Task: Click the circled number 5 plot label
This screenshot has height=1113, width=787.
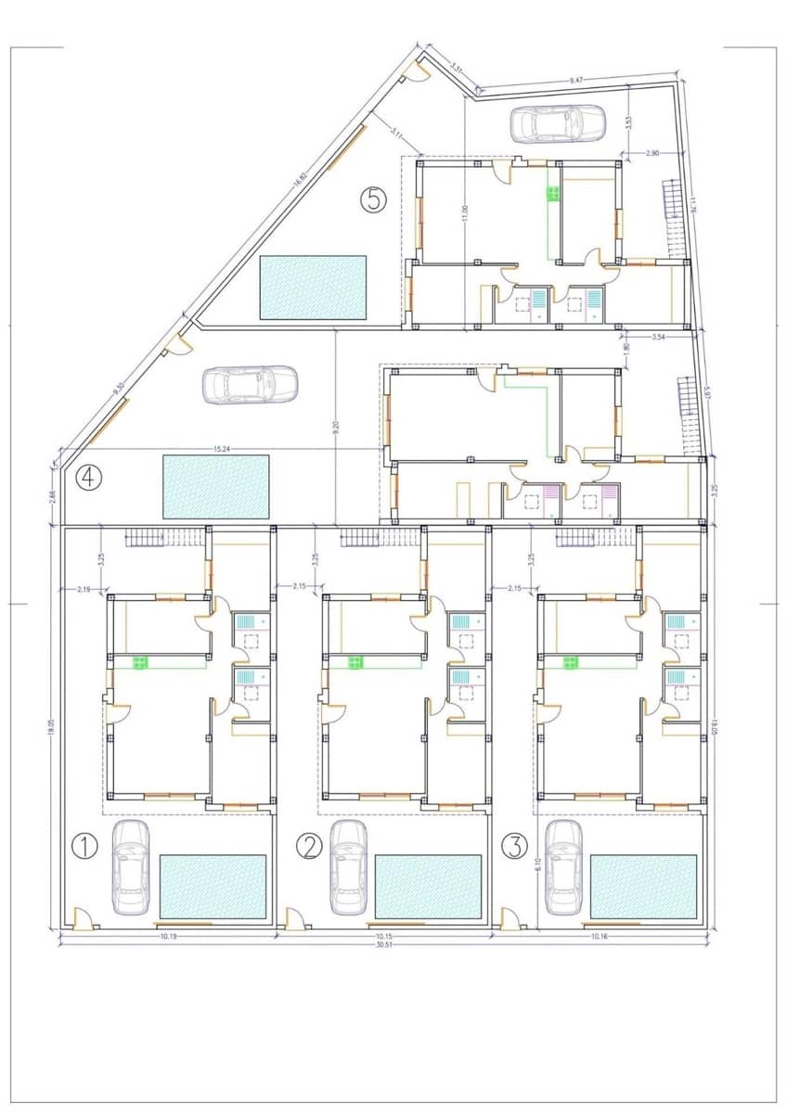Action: tap(373, 200)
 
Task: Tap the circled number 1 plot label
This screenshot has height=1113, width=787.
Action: tap(84, 846)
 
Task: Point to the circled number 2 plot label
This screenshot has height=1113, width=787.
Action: tap(309, 846)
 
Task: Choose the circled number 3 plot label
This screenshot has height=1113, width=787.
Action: tap(515, 846)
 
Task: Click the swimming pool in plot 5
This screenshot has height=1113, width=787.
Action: tap(314, 288)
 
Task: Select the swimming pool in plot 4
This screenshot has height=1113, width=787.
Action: tap(215, 486)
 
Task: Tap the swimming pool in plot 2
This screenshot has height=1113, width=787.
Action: tap(428, 887)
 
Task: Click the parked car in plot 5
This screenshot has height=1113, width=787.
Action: tap(557, 123)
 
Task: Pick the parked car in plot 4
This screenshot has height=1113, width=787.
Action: tap(250, 385)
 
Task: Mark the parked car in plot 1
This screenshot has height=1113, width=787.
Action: tap(130, 866)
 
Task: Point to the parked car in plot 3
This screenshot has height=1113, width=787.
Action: tap(563, 866)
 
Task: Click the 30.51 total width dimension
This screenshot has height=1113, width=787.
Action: tap(382, 947)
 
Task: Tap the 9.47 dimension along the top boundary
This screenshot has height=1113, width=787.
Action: tap(576, 83)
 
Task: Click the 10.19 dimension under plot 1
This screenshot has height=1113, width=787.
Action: tap(168, 938)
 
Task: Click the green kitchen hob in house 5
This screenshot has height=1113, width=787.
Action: tap(552, 194)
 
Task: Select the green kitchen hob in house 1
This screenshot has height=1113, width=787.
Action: tap(140, 662)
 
